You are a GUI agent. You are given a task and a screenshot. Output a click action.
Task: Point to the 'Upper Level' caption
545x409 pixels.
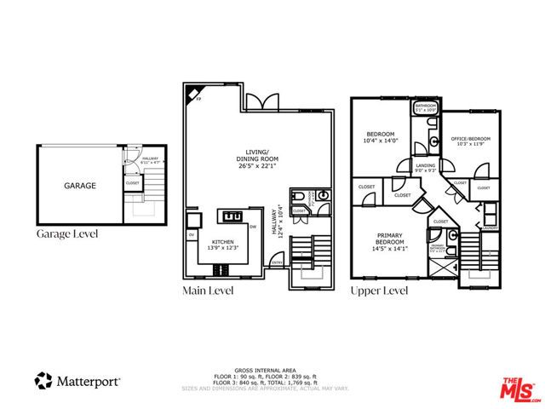point(379,291)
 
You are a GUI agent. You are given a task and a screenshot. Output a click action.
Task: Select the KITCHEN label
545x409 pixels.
point(222,241)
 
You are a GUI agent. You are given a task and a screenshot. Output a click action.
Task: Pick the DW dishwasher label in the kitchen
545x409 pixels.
point(254,227)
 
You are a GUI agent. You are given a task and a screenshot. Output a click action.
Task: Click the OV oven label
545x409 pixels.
point(191,235)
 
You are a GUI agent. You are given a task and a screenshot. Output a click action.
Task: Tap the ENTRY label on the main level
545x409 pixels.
point(277,262)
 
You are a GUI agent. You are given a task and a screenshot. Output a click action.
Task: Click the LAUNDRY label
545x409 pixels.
point(489,228)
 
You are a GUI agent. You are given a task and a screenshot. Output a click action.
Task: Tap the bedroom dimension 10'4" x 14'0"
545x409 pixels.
point(381,141)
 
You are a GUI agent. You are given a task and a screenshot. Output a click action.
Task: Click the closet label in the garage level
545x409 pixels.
point(133,182)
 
